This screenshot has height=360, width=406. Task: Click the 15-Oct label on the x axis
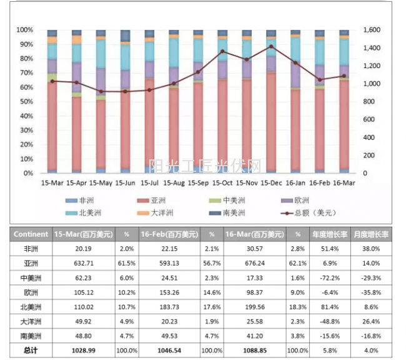(x=222, y=183)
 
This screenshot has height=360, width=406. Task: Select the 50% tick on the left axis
(x=24, y=101)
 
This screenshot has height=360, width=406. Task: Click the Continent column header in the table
(x=31, y=234)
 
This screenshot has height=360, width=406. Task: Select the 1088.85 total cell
(x=255, y=351)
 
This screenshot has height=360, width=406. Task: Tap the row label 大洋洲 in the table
(x=31, y=321)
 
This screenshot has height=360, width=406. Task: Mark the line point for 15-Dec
(x=271, y=46)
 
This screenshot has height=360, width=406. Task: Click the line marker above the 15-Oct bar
(x=223, y=51)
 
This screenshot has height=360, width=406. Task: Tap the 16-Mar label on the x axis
(x=344, y=183)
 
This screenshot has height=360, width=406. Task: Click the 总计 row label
(x=31, y=351)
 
